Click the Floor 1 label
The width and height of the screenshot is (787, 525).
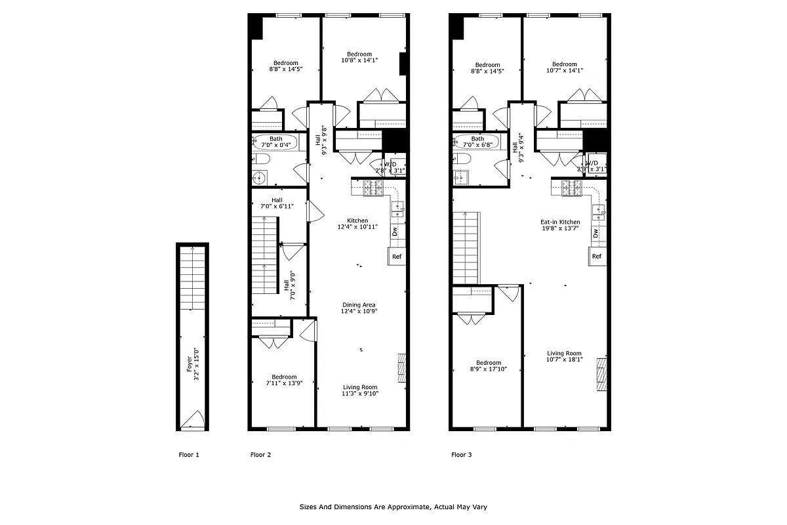point(189,455)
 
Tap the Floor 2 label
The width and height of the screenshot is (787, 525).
point(260,455)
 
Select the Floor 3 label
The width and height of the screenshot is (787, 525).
point(462,455)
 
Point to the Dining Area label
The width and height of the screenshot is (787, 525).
point(359,308)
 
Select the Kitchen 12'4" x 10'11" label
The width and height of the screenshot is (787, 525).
point(358,224)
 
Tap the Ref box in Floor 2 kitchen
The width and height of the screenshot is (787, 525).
point(397,257)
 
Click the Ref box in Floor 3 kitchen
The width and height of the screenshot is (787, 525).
point(597,257)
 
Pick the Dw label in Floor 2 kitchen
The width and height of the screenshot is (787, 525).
point(395,232)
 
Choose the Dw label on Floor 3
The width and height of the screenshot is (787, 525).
point(595,232)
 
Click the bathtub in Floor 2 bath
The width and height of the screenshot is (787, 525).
point(275,142)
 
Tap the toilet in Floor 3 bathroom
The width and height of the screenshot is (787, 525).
point(459,159)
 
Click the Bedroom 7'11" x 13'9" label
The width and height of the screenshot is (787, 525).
point(281,380)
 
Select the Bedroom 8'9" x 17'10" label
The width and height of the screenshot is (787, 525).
point(489,366)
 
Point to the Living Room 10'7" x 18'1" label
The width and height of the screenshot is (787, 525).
point(564,356)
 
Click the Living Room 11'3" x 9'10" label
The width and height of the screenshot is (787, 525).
point(360,390)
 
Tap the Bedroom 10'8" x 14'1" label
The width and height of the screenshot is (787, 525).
point(359,57)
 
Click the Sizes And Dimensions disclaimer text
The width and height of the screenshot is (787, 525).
point(393,507)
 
